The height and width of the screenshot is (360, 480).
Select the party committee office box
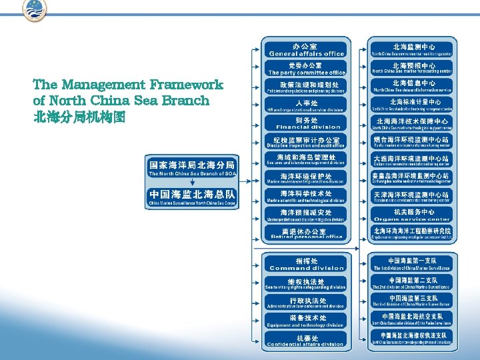click(x=307, y=69)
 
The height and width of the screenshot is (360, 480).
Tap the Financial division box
click(x=307, y=123)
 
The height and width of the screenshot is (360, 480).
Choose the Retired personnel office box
click(x=307, y=233)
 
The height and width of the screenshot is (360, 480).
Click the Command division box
click(x=307, y=264)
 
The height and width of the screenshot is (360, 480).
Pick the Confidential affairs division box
click(x=307, y=340)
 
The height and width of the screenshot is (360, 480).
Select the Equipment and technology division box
click(x=307, y=321)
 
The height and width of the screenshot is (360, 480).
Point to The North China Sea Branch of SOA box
click(x=191, y=169)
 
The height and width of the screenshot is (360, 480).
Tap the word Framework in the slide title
click(x=187, y=85)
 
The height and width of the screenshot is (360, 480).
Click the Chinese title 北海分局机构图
click(x=79, y=117)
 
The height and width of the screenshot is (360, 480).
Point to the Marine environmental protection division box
click(x=307, y=178)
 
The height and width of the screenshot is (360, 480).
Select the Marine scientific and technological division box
click(x=307, y=197)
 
